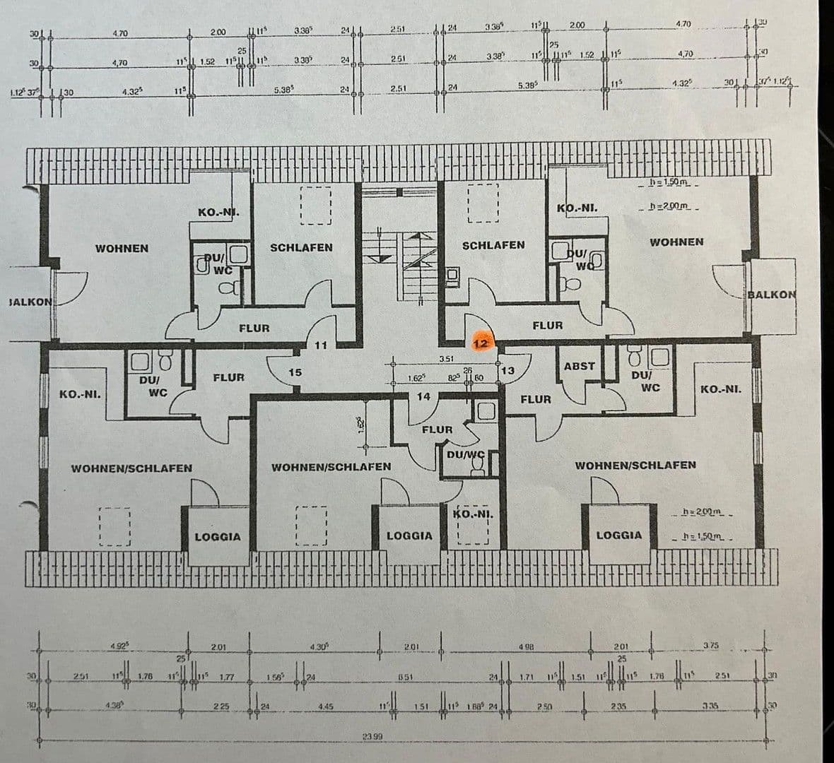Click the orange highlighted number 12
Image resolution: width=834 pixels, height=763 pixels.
481,343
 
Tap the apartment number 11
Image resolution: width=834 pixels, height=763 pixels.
322,345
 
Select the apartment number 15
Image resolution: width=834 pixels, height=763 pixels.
295,372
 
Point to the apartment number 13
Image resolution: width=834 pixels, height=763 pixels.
507,370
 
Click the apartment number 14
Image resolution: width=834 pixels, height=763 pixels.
423,397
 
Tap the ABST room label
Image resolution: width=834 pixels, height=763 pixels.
580,366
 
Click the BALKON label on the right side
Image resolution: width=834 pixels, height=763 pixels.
772,295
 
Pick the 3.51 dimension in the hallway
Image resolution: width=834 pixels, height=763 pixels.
446,360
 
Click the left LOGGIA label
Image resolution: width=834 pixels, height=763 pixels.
218,537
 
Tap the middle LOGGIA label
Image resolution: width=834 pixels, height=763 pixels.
409,536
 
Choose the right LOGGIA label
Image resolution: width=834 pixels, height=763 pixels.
619,536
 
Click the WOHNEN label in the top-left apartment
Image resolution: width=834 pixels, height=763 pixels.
122,249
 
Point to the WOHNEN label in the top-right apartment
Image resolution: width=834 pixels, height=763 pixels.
676,242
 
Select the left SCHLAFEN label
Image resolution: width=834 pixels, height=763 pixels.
301,248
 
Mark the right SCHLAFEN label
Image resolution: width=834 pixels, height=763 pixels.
493,245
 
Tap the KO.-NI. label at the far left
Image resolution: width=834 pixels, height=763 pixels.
80,394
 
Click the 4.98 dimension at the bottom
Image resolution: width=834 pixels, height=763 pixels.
526,646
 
